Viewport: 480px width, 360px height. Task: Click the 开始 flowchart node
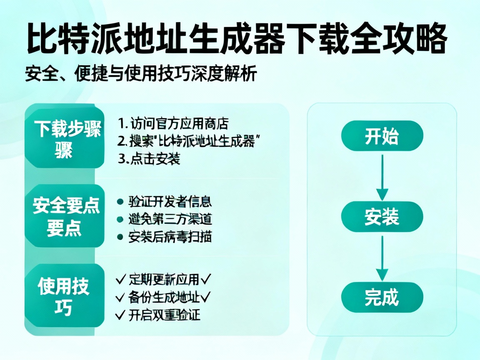[x=382, y=136]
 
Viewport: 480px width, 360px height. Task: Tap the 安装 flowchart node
[x=382, y=217]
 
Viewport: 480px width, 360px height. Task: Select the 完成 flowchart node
[x=382, y=297]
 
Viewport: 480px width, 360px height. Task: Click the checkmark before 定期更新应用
[x=121, y=279]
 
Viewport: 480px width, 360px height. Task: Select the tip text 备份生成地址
[x=165, y=297]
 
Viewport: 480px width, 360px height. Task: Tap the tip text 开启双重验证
[x=165, y=315]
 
